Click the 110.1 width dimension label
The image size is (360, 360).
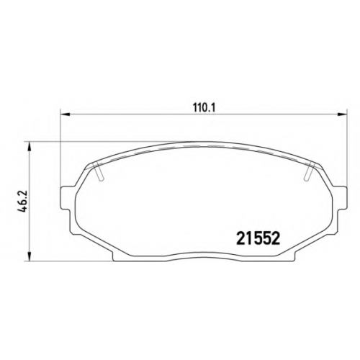click(x=204, y=107)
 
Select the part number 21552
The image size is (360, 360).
click(x=258, y=238)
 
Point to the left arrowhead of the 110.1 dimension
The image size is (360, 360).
click(x=64, y=114)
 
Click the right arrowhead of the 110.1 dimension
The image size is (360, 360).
click(x=343, y=114)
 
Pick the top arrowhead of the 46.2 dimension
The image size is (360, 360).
click(x=30, y=146)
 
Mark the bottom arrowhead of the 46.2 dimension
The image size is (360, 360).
click(x=30, y=256)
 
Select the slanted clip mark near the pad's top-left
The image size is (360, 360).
click(x=99, y=171)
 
